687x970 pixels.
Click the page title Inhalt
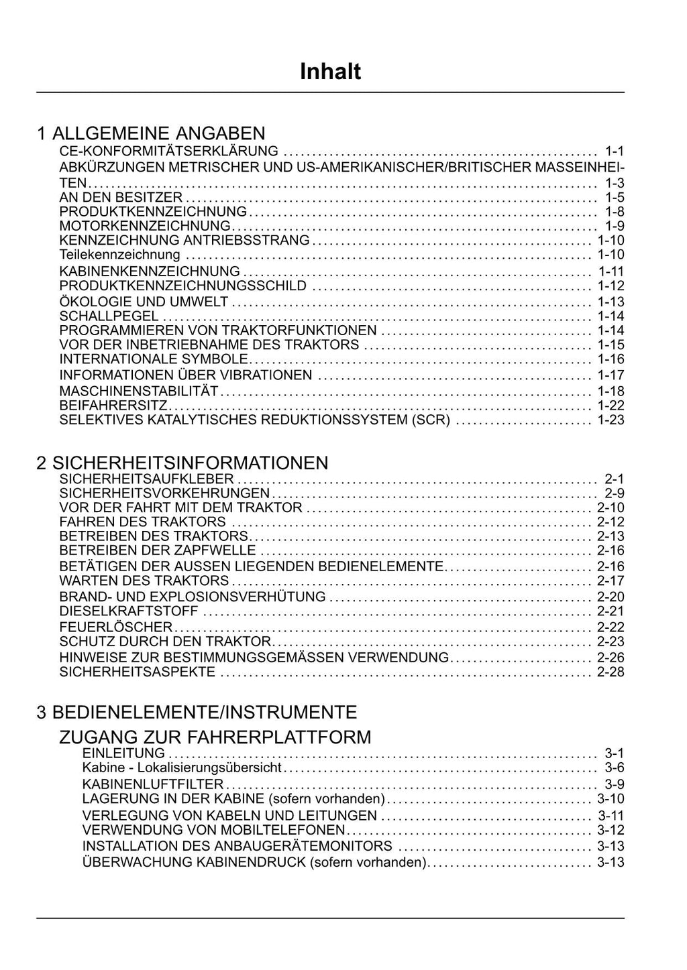[330, 72]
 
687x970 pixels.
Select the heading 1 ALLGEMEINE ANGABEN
[151, 133]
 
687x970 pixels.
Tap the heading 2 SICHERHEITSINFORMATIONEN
[182, 463]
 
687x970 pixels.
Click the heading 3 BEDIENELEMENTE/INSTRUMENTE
[197, 711]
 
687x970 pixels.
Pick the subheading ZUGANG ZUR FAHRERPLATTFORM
[215, 737]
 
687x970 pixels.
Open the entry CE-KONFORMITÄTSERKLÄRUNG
[168, 151]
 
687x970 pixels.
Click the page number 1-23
[611, 420]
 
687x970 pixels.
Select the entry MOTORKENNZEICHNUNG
[145, 226]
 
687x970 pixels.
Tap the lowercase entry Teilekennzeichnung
[119, 255]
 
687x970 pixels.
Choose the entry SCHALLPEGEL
[109, 316]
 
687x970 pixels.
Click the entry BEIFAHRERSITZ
[113, 406]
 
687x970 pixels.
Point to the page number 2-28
[611, 672]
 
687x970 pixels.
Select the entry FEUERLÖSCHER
[116, 627]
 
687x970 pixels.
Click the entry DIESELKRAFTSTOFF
[129, 611]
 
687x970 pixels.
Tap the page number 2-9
[614, 493]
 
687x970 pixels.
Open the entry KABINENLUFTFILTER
[153, 784]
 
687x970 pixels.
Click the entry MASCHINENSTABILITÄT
[139, 391]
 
